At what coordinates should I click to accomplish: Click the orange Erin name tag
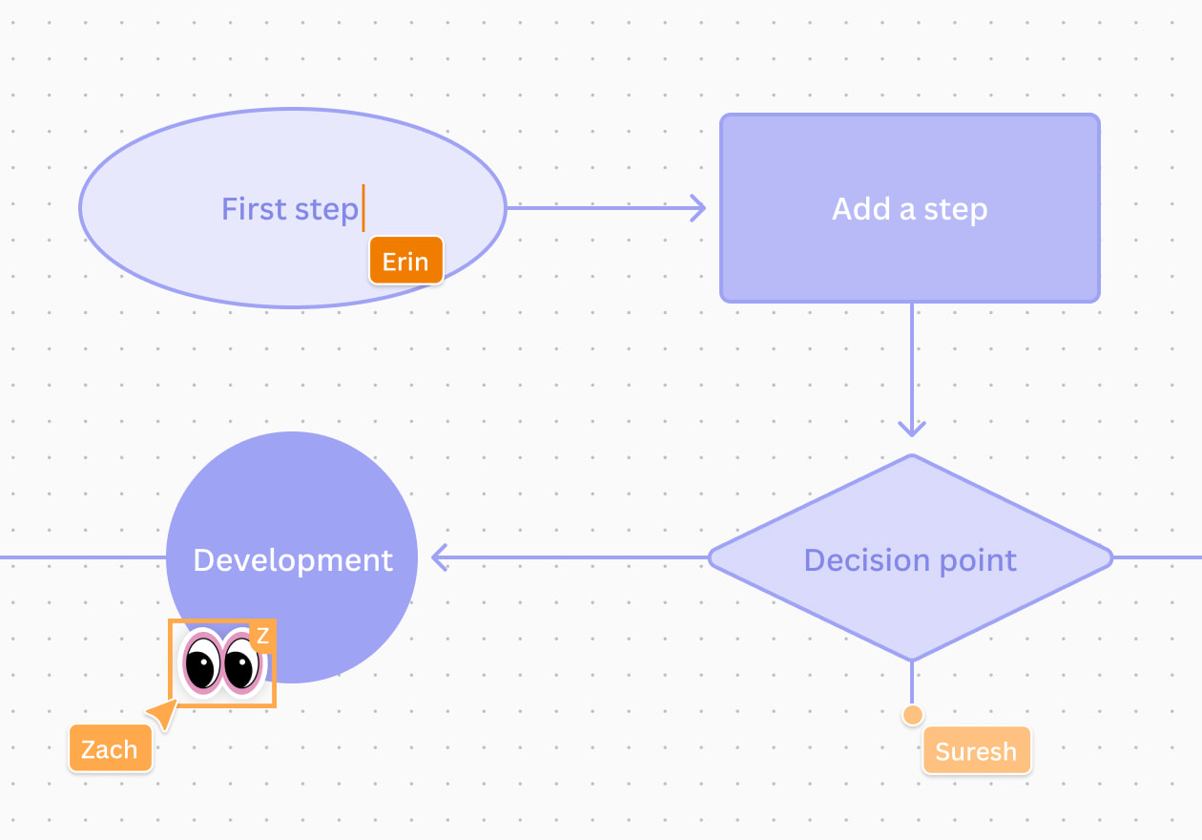[405, 261]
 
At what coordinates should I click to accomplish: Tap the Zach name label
[110, 749]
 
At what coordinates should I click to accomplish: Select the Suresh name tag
[976, 751]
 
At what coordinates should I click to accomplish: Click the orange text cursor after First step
[363, 208]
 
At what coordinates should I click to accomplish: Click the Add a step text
[909, 209]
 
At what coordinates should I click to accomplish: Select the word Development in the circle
[293, 559]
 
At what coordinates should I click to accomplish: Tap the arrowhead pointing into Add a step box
[698, 207]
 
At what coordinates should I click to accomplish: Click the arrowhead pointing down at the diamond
[912, 428]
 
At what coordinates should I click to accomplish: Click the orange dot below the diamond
[913, 714]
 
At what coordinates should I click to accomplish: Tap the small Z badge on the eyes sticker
[262, 636]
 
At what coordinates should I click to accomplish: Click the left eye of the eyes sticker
[202, 661]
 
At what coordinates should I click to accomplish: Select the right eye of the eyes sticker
[242, 661]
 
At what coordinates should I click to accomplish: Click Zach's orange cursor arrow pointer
[164, 713]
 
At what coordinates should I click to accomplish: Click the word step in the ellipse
[327, 208]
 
